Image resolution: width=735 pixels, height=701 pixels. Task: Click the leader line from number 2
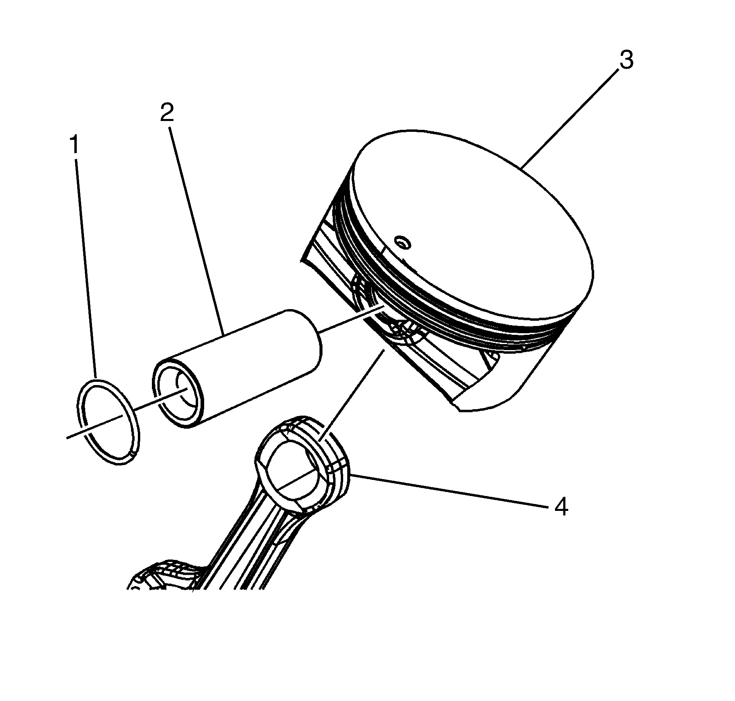click(x=197, y=225)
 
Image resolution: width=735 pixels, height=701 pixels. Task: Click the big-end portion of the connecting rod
click(x=165, y=579)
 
